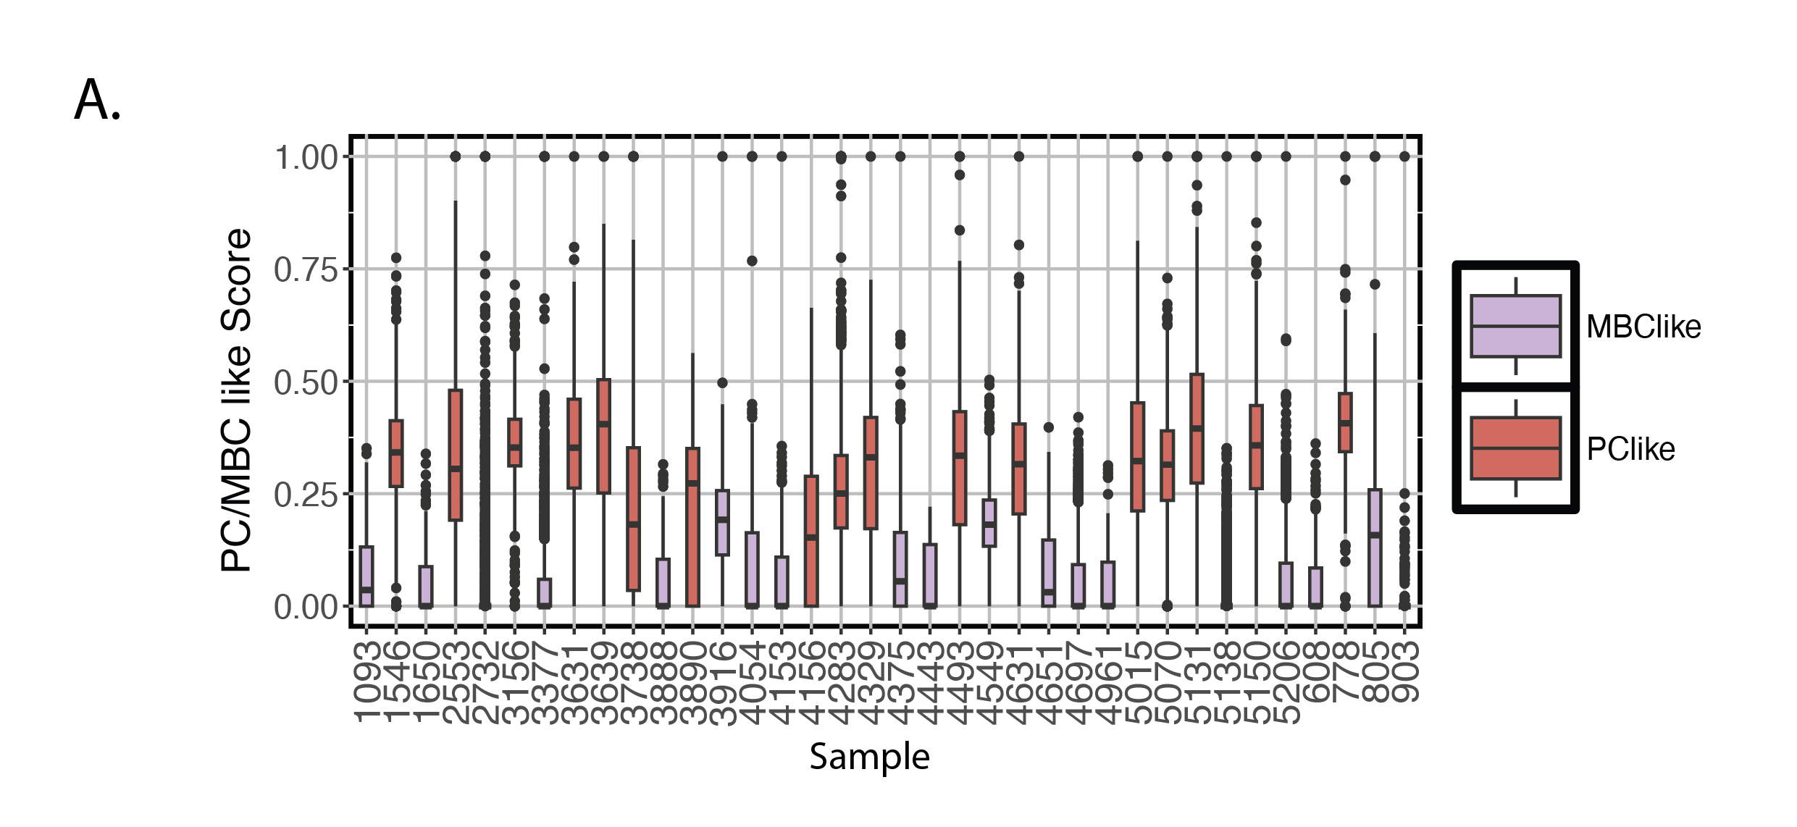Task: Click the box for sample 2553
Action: pyautogui.click(x=455, y=455)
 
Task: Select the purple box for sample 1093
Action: pyautogui.click(x=366, y=576)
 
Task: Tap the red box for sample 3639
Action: pyautogui.click(x=603, y=436)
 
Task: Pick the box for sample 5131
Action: pyautogui.click(x=1197, y=429)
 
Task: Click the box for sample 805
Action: pyautogui.click(x=1375, y=547)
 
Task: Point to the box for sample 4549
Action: pyautogui.click(x=989, y=522)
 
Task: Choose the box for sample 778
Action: pyautogui.click(x=1345, y=422)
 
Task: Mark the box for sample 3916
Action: pyautogui.click(x=722, y=522)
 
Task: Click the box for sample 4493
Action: pyautogui.click(x=960, y=468)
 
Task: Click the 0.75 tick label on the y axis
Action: pyautogui.click(x=306, y=270)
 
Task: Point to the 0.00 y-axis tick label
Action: pyautogui.click(x=306, y=607)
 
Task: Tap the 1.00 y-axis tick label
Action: pyautogui.click(x=306, y=158)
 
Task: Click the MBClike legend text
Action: pyautogui.click(x=1643, y=327)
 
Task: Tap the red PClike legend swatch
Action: pyautogui.click(x=1515, y=448)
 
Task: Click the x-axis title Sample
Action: pyautogui.click(x=869, y=757)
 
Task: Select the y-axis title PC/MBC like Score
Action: pyautogui.click(x=237, y=400)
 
